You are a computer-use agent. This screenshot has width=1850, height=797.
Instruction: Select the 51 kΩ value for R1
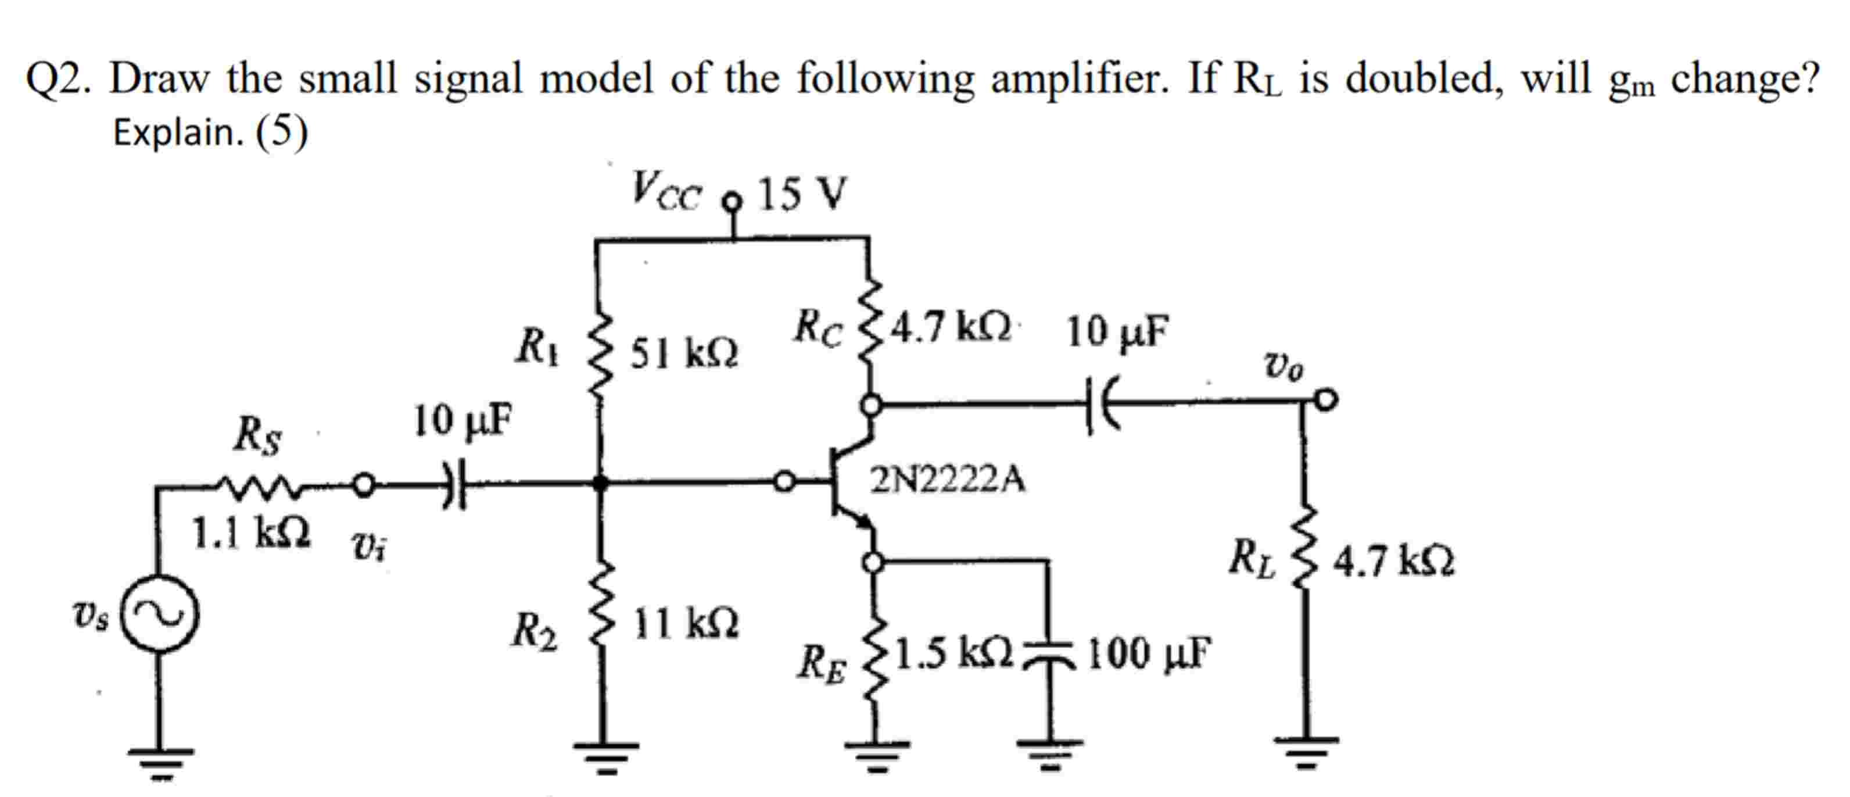click(684, 353)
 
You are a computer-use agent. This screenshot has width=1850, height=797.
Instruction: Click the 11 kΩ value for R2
click(686, 624)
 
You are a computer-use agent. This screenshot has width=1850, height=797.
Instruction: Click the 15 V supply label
click(802, 194)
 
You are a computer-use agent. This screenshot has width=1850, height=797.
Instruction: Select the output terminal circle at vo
click(1326, 399)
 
